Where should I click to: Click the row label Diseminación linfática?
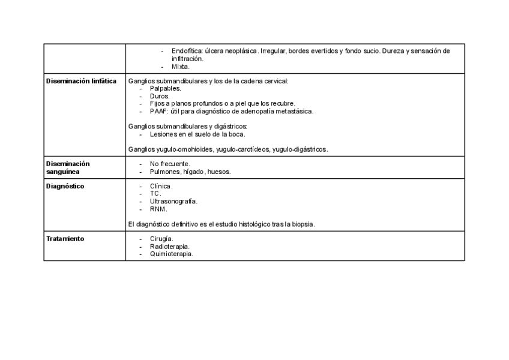[x=81, y=81]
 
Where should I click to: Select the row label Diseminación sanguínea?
[x=68, y=167]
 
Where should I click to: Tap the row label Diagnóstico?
[x=65, y=186]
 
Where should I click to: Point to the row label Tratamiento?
[x=65, y=239]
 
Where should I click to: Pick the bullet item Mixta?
[x=180, y=67]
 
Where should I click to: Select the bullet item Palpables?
[x=165, y=88]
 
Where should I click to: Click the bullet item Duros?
[x=160, y=96]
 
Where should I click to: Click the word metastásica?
[x=293, y=111]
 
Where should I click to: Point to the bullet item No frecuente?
[x=170, y=164]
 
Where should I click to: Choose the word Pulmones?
[x=164, y=172]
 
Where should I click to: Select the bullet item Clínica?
[x=161, y=186]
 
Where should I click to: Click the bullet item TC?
[x=155, y=194]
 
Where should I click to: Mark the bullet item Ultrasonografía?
[x=173, y=202]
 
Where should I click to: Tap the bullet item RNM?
[x=158, y=209]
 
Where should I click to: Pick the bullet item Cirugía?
[x=161, y=239]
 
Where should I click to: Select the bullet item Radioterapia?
[x=169, y=247]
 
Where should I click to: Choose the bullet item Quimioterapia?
[x=171, y=254]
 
